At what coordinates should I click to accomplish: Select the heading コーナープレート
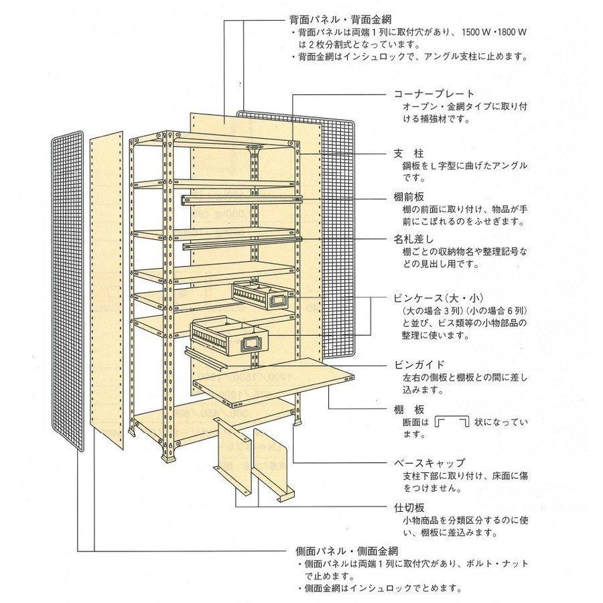[433, 94]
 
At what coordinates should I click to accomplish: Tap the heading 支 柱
[407, 153]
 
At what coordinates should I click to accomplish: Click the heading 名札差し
[414, 239]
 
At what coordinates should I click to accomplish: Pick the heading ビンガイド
[419, 366]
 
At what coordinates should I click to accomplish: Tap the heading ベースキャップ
[429, 463]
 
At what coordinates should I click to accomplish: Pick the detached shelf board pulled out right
[281, 382]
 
